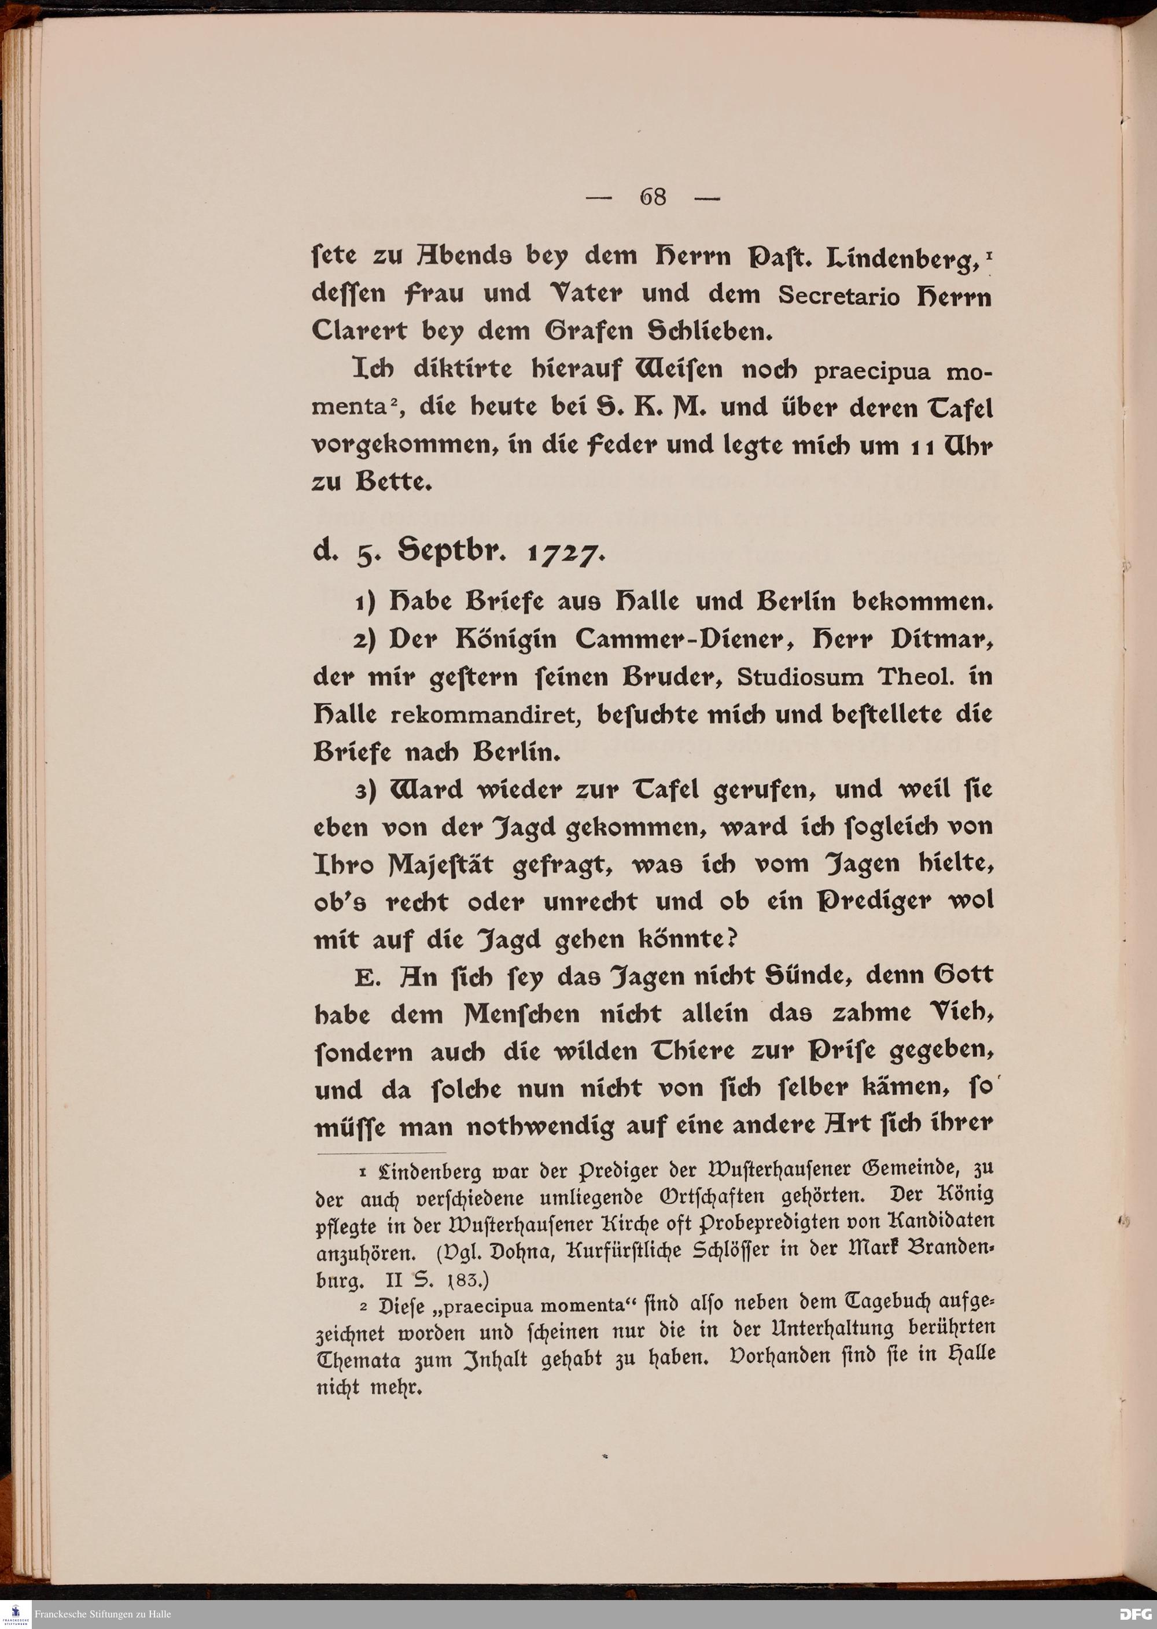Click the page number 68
653,197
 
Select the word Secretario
839,296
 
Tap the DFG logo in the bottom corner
1134,1613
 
